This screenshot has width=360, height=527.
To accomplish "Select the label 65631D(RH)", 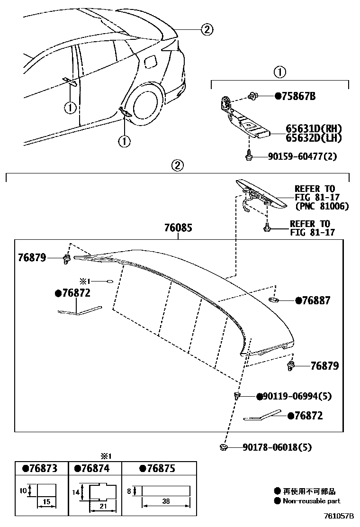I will click(x=313, y=129).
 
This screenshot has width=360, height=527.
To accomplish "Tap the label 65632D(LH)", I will click(x=313, y=138).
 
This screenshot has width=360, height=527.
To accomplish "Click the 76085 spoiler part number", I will click(x=178, y=228).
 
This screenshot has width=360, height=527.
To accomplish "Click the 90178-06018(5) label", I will click(x=277, y=447).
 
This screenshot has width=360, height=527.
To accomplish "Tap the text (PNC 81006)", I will click(x=322, y=206).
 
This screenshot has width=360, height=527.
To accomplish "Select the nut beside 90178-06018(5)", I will click(x=224, y=447).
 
